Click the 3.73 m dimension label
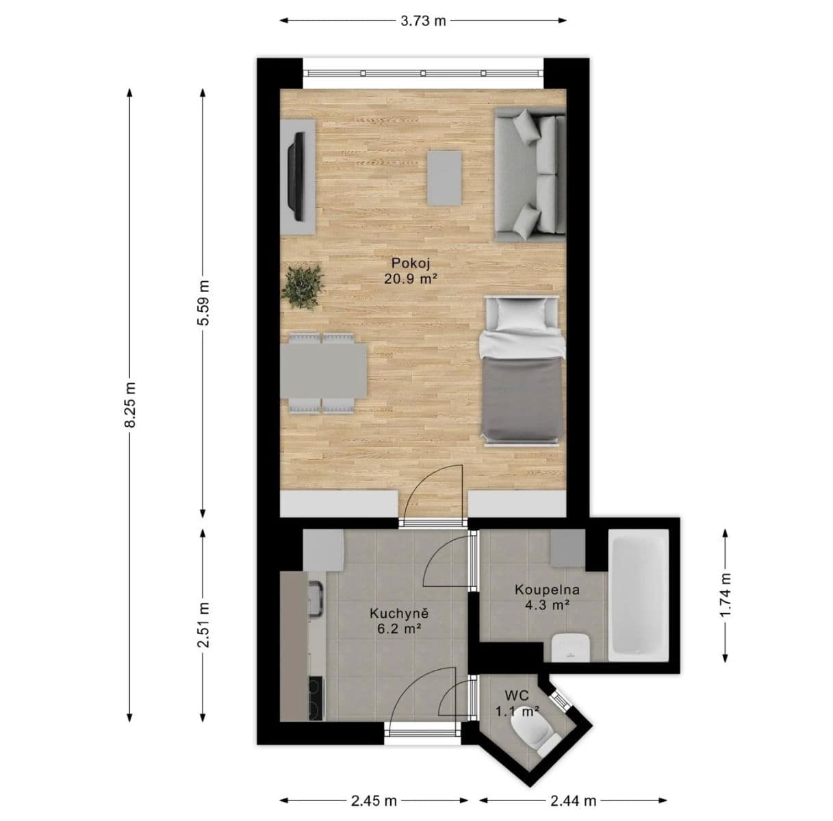tap(423, 21)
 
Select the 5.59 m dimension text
tap(203, 303)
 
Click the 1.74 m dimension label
tap(726, 595)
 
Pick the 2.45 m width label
tap(374, 800)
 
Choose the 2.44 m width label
tap(573, 800)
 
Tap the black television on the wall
tap(296, 176)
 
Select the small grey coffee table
tap(444, 177)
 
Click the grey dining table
tap(323, 372)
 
